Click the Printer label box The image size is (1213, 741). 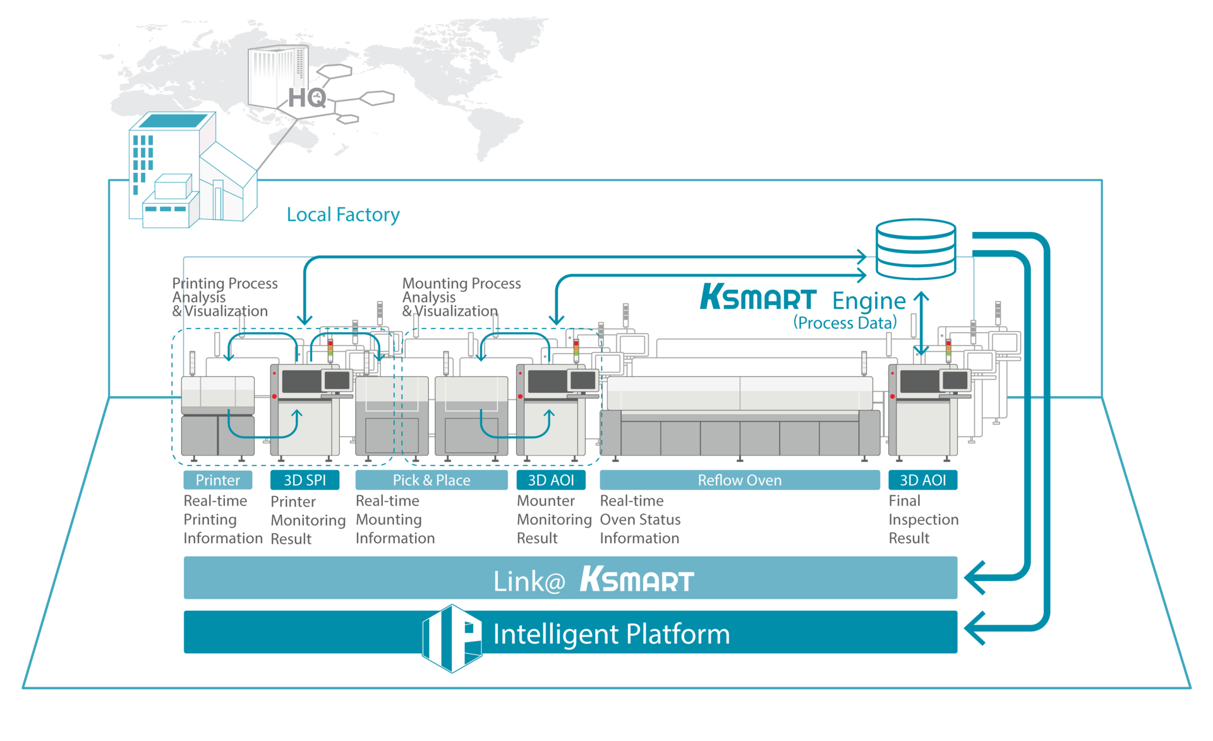pos(217,480)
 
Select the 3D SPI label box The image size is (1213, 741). pos(305,480)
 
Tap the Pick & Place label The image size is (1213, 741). pos(431,480)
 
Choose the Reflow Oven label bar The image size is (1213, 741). pos(739,480)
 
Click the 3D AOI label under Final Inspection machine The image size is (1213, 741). pos(922,480)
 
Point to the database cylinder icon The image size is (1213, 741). pos(915,249)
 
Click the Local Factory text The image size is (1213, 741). pos(343,215)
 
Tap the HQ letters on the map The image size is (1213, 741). pos(307,98)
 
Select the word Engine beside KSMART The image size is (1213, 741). pos(869,301)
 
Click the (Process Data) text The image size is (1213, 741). pos(845,323)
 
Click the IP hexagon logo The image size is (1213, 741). pos(452,638)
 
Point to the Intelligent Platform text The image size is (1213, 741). pos(611,634)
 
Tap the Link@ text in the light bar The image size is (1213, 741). pos(529,581)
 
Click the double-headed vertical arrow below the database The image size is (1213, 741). pos(922,323)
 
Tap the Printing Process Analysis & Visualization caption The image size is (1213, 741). pos(224,297)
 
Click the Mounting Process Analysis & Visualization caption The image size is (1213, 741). pos(461,297)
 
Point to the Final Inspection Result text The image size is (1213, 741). pos(923,519)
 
